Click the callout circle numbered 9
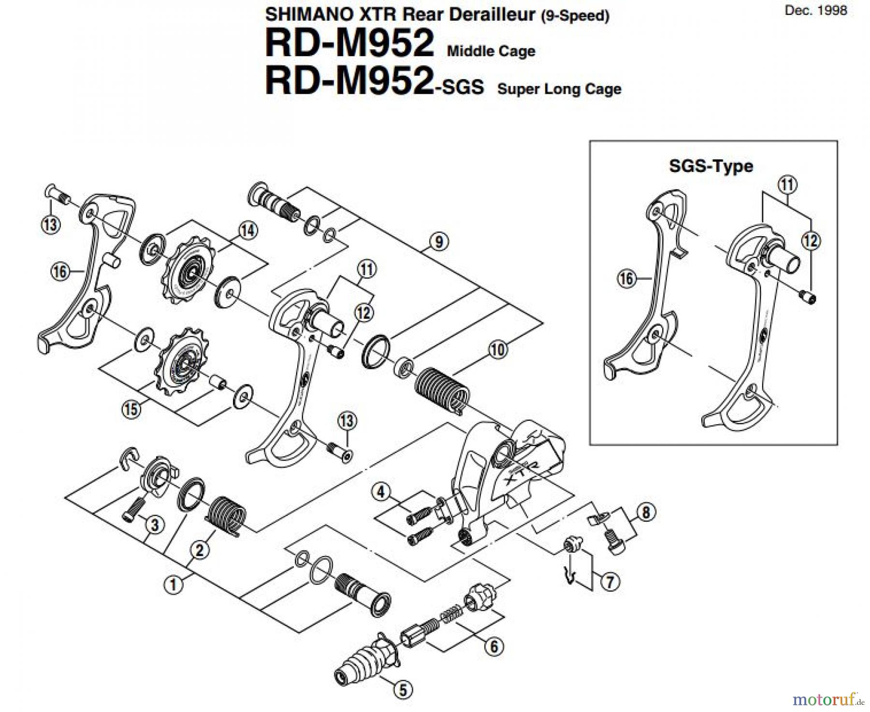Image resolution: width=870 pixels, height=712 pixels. click(x=438, y=242)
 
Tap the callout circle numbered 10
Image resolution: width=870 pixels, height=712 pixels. click(x=498, y=349)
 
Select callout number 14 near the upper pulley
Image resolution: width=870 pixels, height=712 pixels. click(x=247, y=230)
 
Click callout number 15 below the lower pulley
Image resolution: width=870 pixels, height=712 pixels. click(x=131, y=410)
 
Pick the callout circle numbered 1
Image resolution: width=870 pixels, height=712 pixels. click(x=173, y=585)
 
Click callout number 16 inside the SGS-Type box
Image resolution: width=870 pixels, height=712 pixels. click(x=626, y=279)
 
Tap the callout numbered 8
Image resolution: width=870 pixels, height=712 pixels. click(x=646, y=512)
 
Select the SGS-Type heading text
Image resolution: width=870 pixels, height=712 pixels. click(x=710, y=166)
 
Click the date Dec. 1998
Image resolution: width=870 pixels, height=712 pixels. click(x=816, y=11)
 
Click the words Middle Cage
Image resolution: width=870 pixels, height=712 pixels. click(x=491, y=51)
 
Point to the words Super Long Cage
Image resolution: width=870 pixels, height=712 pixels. click(x=559, y=89)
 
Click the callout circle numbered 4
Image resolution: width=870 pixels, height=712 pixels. click(x=381, y=492)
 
